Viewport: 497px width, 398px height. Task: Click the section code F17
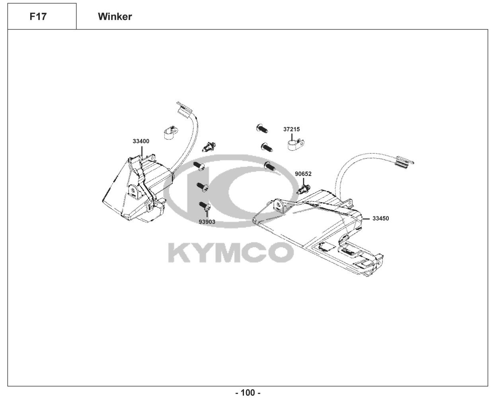point(38,17)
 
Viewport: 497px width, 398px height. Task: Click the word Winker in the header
point(115,17)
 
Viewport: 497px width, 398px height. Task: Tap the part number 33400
point(141,141)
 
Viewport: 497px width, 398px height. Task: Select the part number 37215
point(291,129)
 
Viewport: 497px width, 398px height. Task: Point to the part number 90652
point(303,174)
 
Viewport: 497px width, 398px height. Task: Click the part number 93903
point(207,222)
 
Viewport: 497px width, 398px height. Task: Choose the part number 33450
point(381,219)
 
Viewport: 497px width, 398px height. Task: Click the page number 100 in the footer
point(248,393)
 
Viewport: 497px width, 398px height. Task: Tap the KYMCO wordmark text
point(231,252)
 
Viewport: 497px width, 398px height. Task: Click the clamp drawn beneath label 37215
point(295,143)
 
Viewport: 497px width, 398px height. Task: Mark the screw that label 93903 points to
point(205,206)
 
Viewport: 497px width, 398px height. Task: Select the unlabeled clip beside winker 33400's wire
point(209,147)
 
